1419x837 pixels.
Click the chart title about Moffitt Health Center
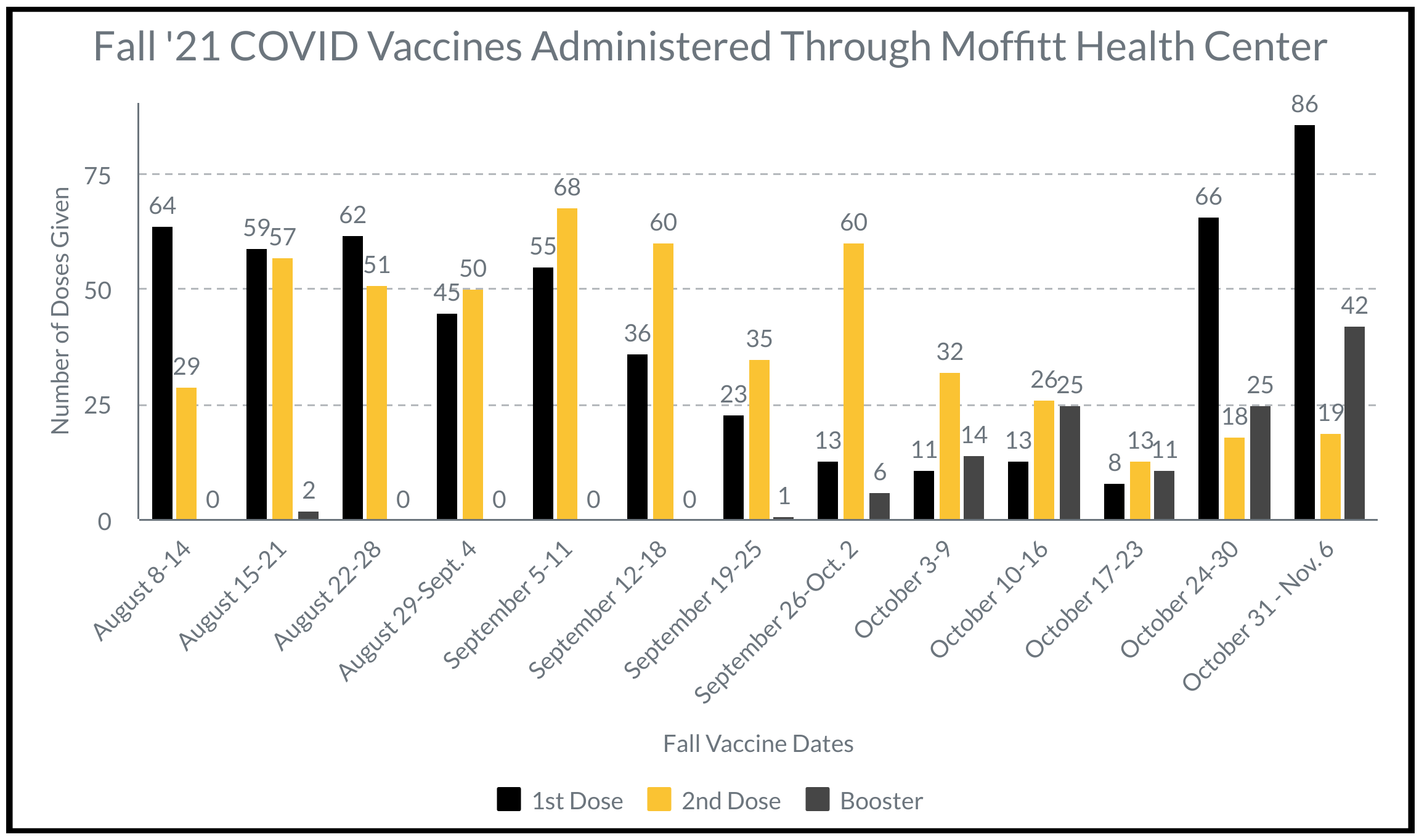click(709, 47)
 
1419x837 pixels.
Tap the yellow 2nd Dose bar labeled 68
click(567, 364)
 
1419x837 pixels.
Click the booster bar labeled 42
click(1354, 423)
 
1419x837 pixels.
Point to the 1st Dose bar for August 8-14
click(162, 373)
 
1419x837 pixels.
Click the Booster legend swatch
click(817, 799)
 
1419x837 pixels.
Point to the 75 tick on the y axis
click(98, 176)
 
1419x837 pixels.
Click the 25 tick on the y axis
click(98, 406)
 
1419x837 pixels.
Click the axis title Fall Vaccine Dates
click(758, 744)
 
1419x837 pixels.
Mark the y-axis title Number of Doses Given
click(60, 311)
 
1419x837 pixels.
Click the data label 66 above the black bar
click(1208, 197)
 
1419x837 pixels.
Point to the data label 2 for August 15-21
click(309, 491)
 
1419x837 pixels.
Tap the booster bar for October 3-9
click(974, 488)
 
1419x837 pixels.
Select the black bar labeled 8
click(1114, 501)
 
